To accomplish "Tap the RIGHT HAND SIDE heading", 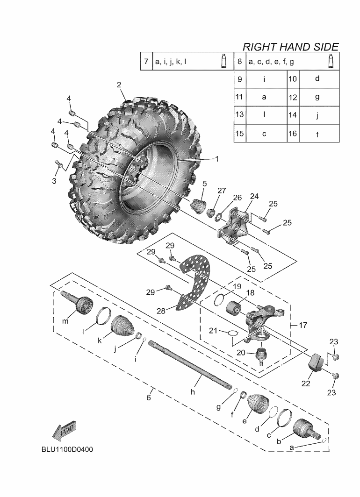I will click(x=290, y=46).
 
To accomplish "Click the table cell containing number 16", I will click(x=293, y=134).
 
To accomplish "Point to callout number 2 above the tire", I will click(x=119, y=85).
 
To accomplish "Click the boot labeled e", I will click(x=257, y=404).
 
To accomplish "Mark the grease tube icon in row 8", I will click(x=331, y=61).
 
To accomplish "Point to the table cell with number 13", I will click(x=239, y=115).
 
